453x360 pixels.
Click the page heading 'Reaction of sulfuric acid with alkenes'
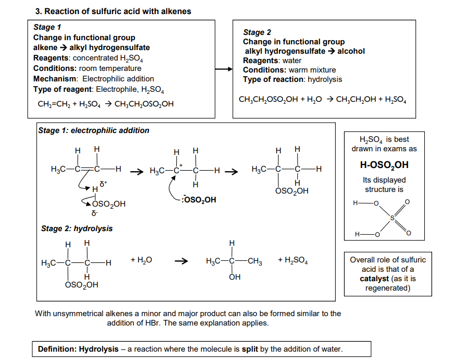pyautogui.click(x=118, y=11)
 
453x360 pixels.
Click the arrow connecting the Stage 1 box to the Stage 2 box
pyautogui.click(x=224, y=69)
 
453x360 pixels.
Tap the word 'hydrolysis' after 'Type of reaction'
pyautogui.click(x=325, y=79)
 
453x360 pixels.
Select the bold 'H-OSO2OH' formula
pyautogui.click(x=384, y=165)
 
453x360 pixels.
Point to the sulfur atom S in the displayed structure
pyautogui.click(x=393, y=218)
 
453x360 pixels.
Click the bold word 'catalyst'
pyautogui.click(x=374, y=279)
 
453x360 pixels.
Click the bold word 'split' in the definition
pyautogui.click(x=250, y=349)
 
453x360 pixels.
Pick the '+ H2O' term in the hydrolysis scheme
pyautogui.click(x=141, y=260)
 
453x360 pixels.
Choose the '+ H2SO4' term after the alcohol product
pyautogui.click(x=293, y=260)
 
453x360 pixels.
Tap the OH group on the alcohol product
pyautogui.click(x=235, y=277)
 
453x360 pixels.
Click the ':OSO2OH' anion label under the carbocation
pyautogui.click(x=199, y=199)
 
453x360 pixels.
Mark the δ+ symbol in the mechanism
pyautogui.click(x=103, y=183)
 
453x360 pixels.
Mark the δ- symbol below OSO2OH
pyautogui.click(x=94, y=213)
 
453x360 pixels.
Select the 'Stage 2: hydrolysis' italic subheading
pyautogui.click(x=77, y=229)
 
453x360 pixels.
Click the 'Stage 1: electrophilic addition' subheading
pyautogui.click(x=94, y=130)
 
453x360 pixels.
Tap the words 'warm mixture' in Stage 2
pyautogui.click(x=312, y=70)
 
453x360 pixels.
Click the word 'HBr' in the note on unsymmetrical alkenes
pyautogui.click(x=153, y=323)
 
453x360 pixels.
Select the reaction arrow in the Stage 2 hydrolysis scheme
pyautogui.click(x=181, y=261)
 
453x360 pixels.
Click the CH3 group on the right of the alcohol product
pyautogui.click(x=255, y=261)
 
